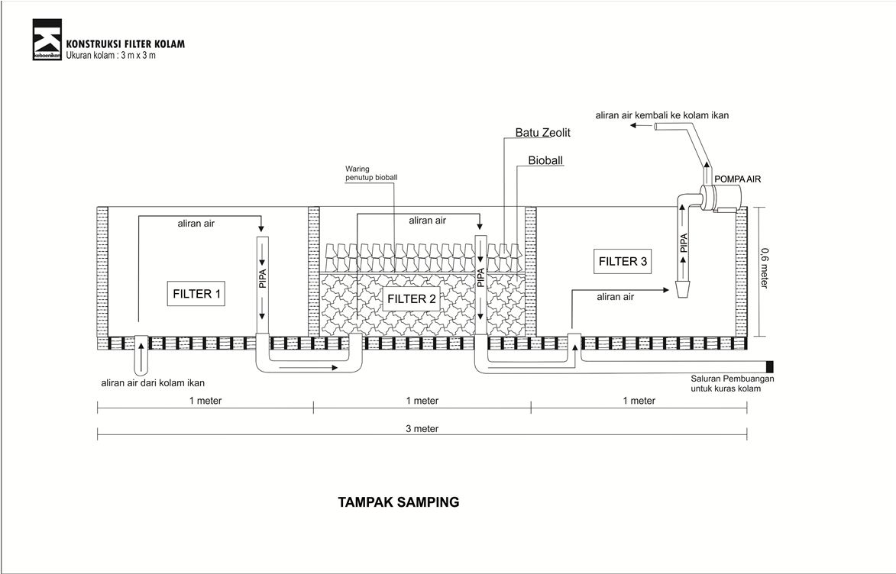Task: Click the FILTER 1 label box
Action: coord(196,294)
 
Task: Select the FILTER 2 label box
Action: coord(412,298)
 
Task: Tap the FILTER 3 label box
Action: coord(623,262)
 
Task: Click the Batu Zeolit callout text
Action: coord(543,133)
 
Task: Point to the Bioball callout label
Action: coord(545,160)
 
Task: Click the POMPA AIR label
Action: coord(738,179)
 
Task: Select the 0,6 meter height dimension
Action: coord(765,268)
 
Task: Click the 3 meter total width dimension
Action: coord(422,428)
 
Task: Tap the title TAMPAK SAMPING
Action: coord(399,502)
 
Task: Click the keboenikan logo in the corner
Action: coord(47,40)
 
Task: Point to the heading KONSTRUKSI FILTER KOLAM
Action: coord(126,44)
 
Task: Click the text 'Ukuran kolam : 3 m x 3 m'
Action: coord(111,56)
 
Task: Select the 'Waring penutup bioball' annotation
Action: coord(371,173)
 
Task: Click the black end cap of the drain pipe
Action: coord(770,366)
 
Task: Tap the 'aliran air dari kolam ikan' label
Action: coord(153,383)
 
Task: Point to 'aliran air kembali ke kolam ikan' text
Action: coord(662,115)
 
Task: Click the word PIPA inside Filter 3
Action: coord(684,243)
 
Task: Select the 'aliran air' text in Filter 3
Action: coord(616,297)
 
